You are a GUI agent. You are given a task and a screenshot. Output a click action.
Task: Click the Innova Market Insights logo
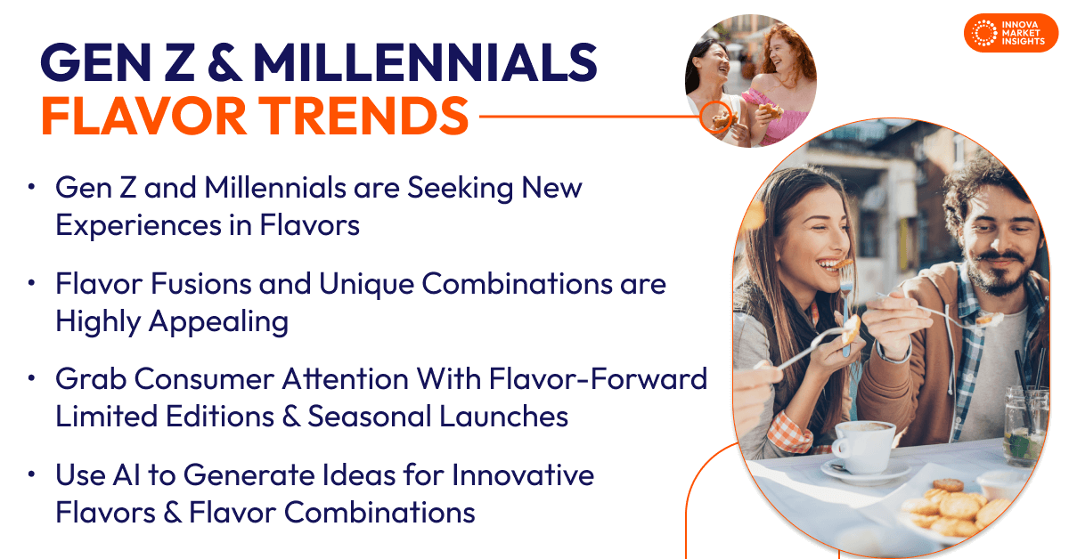click(1011, 33)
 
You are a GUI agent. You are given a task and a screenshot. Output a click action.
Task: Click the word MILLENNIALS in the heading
click(425, 62)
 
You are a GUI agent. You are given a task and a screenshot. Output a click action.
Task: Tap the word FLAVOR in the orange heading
click(144, 116)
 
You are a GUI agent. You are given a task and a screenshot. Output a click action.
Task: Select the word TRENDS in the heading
click(366, 116)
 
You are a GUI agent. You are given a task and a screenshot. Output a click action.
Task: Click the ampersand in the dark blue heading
click(224, 62)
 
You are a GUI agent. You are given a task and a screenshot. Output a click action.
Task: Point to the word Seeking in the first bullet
click(460, 189)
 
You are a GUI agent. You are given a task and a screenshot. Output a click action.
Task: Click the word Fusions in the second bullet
click(201, 284)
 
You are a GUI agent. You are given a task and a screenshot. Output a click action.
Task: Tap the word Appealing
click(218, 322)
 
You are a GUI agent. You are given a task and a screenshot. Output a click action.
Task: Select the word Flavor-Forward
click(598, 379)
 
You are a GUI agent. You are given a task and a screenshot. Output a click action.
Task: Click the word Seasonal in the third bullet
click(370, 417)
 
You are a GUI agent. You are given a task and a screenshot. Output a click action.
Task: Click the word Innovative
click(523, 475)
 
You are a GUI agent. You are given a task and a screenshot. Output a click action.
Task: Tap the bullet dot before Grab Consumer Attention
click(32, 378)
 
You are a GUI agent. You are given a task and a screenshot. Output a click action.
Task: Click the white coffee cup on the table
click(861, 445)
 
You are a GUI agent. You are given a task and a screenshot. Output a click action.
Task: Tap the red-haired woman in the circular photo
click(782, 85)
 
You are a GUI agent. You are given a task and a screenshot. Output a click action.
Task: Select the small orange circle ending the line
click(716, 117)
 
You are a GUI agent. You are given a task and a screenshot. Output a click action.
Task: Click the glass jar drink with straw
click(1026, 425)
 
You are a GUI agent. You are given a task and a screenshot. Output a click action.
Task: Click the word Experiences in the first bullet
click(138, 226)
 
